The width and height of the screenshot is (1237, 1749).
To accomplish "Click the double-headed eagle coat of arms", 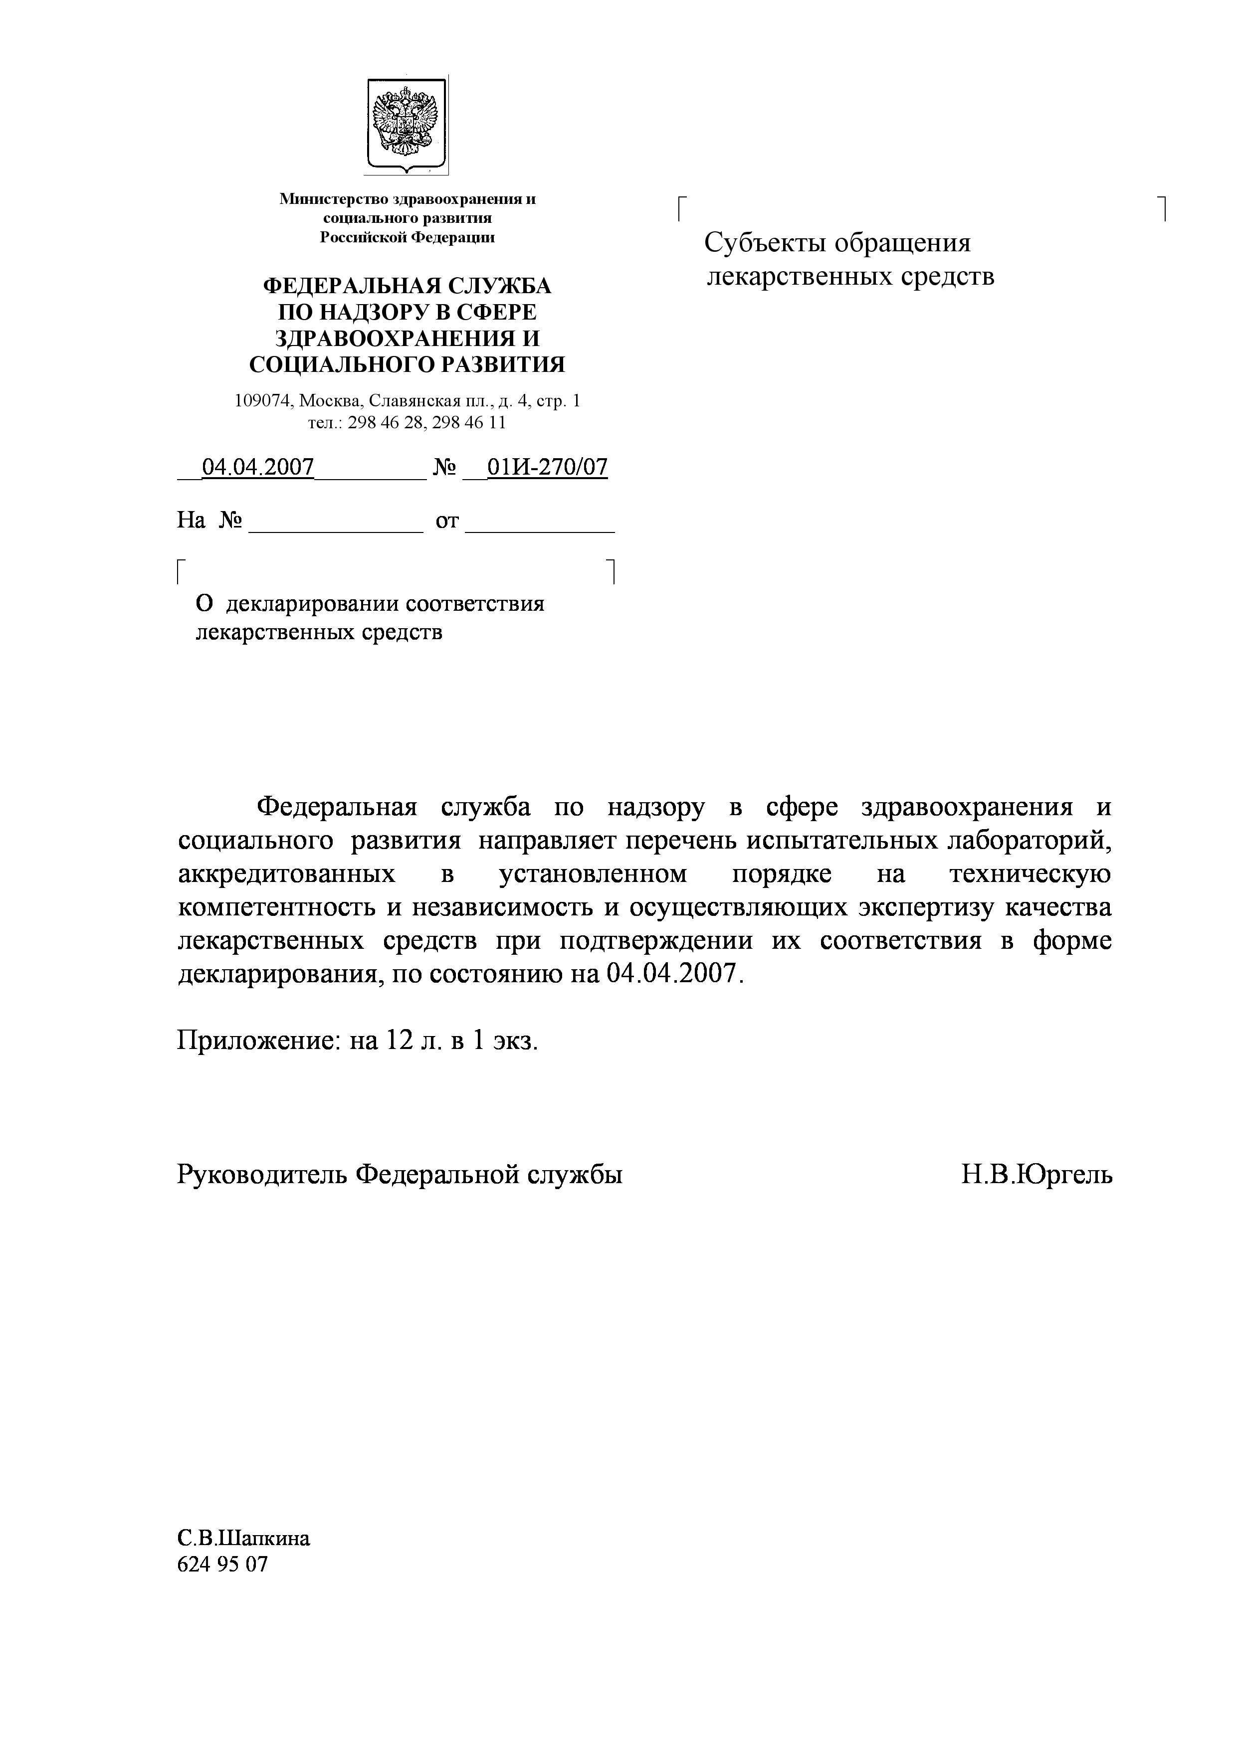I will [406, 124].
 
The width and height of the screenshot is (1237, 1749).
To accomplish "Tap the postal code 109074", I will [263, 401].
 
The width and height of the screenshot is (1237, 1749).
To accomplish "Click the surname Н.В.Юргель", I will [1036, 1175].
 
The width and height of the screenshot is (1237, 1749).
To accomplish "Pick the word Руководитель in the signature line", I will [263, 1175].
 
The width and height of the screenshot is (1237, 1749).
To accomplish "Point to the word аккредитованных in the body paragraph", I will [287, 874].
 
